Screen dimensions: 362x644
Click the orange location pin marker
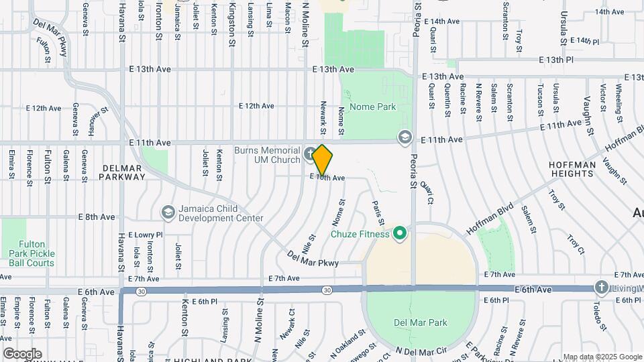click(x=323, y=160)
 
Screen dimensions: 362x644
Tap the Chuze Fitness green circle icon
click(x=400, y=234)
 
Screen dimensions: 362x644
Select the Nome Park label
click(x=373, y=107)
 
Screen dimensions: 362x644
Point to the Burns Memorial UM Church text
click(x=268, y=155)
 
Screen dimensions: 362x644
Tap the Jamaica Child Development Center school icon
click(x=167, y=213)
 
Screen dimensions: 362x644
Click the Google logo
click(x=22, y=354)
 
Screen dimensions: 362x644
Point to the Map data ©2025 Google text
click(x=602, y=357)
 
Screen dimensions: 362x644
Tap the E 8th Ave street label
click(x=97, y=217)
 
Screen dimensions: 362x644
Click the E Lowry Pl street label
click(x=140, y=235)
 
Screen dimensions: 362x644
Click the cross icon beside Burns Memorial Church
click(x=309, y=154)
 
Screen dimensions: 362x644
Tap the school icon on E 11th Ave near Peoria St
click(x=404, y=137)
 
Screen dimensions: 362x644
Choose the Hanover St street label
click(x=98, y=121)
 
